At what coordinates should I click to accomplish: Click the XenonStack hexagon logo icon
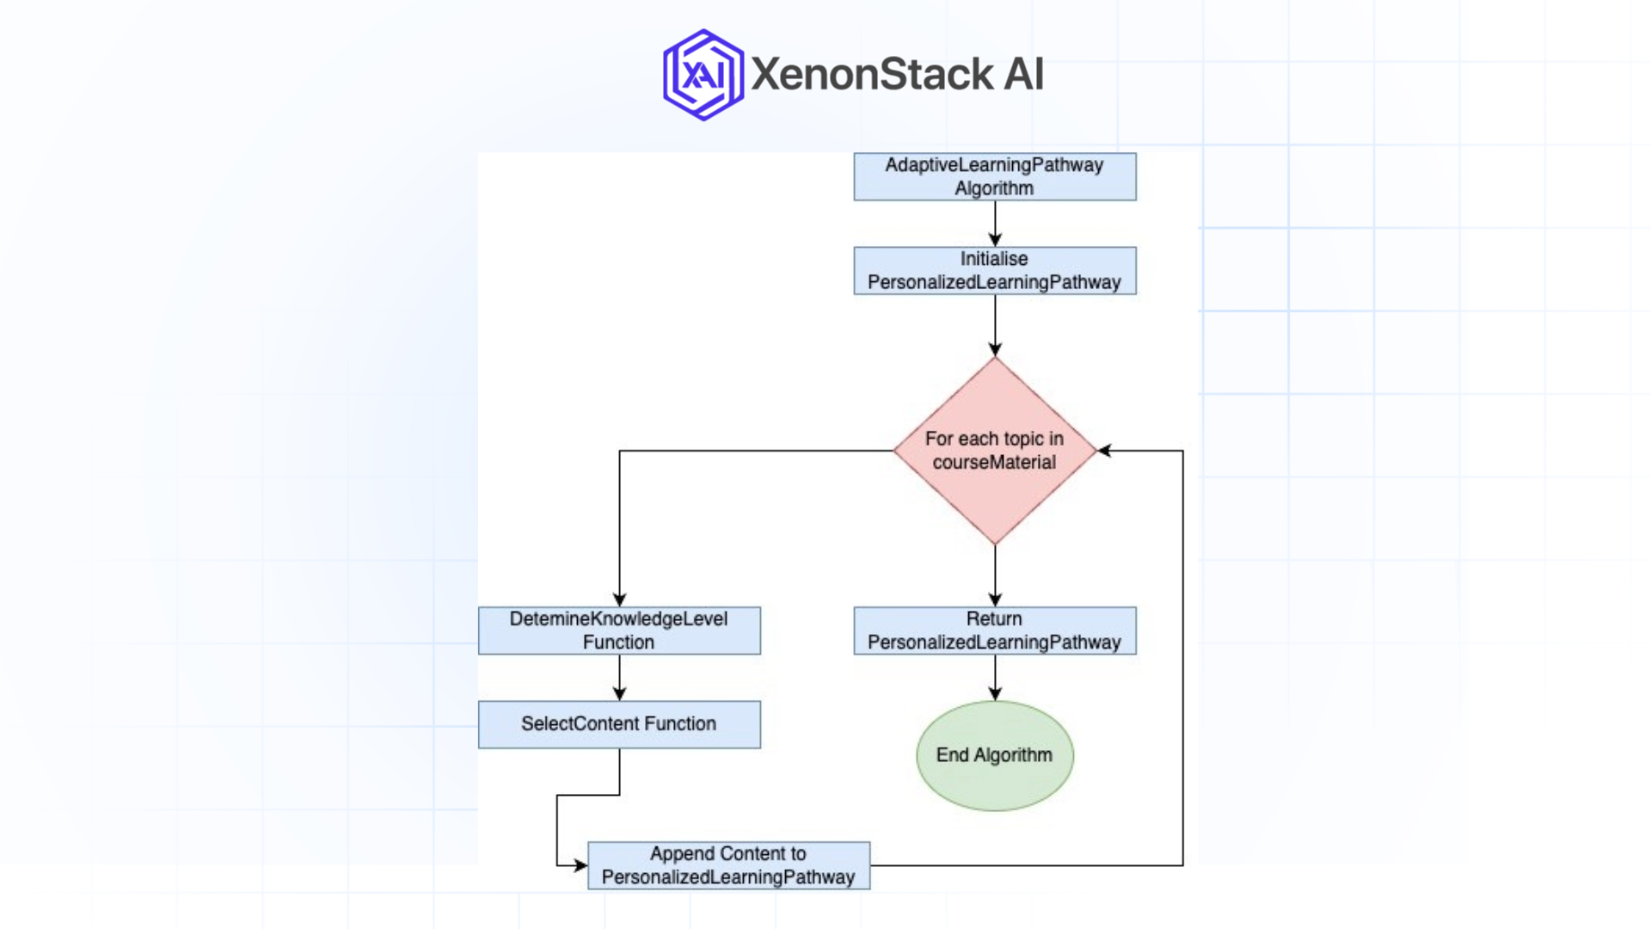[x=703, y=75]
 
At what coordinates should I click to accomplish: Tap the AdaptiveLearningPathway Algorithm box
[x=994, y=176]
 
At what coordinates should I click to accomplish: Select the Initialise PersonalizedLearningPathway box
[x=994, y=271]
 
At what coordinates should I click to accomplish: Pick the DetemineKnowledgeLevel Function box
[x=619, y=631]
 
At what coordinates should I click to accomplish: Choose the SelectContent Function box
[x=619, y=724]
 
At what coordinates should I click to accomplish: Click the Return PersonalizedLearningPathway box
[x=994, y=631]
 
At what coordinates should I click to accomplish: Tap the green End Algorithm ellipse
[x=994, y=755]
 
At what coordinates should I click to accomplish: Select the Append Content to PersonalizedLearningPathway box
[x=728, y=865]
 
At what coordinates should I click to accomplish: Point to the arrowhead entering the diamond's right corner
[x=1105, y=451]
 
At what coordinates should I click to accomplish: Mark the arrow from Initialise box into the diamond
[x=995, y=325]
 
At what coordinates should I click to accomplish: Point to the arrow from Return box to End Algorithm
[x=995, y=677]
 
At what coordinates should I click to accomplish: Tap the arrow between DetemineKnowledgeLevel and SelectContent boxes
[x=619, y=677]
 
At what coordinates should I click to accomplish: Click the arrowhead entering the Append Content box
[x=580, y=865]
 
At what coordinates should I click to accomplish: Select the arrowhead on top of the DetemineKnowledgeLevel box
[x=619, y=600]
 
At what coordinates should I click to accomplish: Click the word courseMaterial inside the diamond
[x=994, y=463]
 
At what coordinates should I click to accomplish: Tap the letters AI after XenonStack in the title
[x=1023, y=74]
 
